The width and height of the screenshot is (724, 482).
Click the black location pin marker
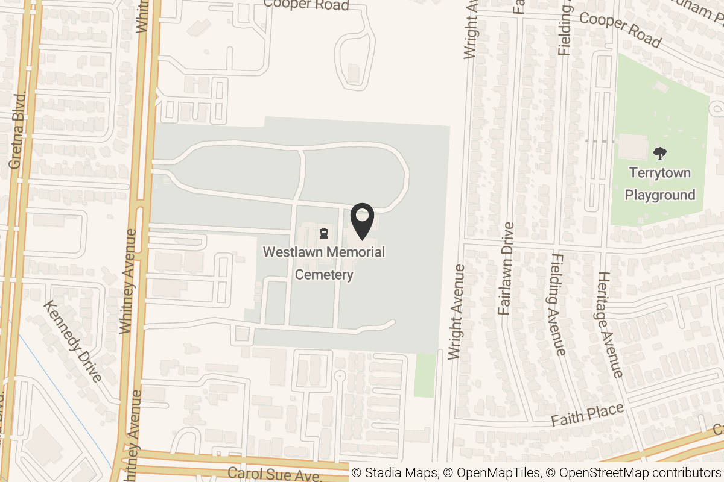362,221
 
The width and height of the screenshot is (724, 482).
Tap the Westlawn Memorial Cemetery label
324,263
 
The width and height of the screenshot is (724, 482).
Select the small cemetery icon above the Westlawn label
325,233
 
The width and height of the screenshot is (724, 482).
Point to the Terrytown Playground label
659,184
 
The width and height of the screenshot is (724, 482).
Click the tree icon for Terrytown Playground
660,153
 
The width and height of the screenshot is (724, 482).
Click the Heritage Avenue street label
609,324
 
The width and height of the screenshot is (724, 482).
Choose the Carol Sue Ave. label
275,473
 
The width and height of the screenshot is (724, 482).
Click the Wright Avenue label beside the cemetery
457,311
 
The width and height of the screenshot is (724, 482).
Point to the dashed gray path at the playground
600,140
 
